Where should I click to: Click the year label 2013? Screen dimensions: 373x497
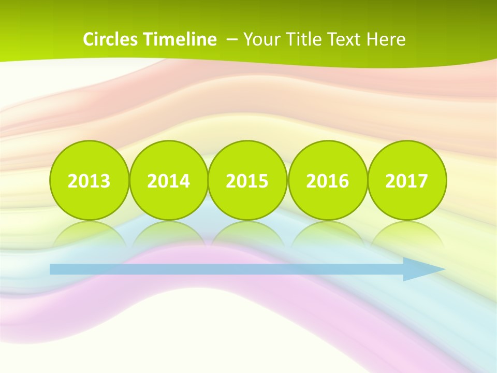pos(89,181)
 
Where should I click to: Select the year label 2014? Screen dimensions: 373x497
pos(168,181)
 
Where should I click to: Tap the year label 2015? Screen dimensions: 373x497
pos(247,181)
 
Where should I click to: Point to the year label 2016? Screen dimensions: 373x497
pos(327,181)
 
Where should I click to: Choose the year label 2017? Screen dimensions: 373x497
pos(406,181)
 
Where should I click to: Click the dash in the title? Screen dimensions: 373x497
pos(232,39)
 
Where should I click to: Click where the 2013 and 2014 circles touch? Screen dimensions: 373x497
pos(129,181)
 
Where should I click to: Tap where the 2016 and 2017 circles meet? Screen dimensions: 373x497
pos(367,181)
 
